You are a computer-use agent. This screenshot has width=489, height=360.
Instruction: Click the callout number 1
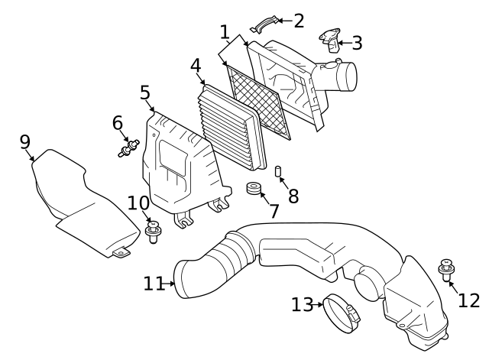pyautogui.click(x=224, y=32)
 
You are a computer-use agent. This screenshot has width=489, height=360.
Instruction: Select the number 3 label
pyautogui.click(x=356, y=43)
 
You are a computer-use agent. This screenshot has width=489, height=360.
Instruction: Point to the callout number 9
pyautogui.click(x=24, y=141)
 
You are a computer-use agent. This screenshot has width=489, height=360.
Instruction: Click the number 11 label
pyautogui.click(x=154, y=284)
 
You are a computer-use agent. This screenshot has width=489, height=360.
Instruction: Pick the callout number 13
pyautogui.click(x=302, y=305)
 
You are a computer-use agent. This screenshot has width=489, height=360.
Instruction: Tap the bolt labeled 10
pyautogui.click(x=153, y=230)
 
